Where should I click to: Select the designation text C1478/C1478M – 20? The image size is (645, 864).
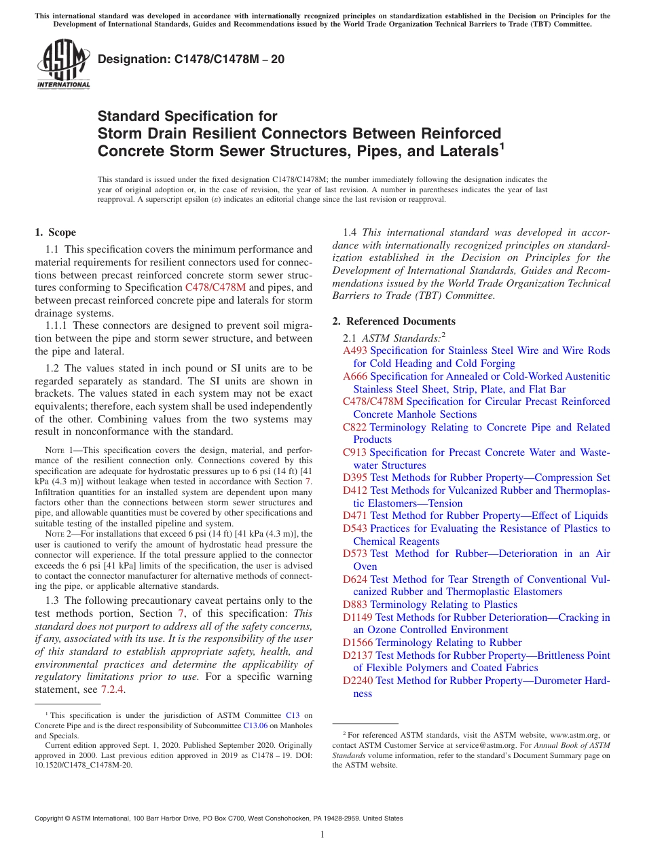click(x=191, y=59)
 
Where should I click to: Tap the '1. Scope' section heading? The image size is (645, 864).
click(x=55, y=232)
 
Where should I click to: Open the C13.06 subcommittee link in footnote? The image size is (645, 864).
click(x=255, y=725)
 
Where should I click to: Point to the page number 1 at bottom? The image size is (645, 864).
click(x=322, y=834)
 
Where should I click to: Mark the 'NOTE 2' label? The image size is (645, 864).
click(x=59, y=534)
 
